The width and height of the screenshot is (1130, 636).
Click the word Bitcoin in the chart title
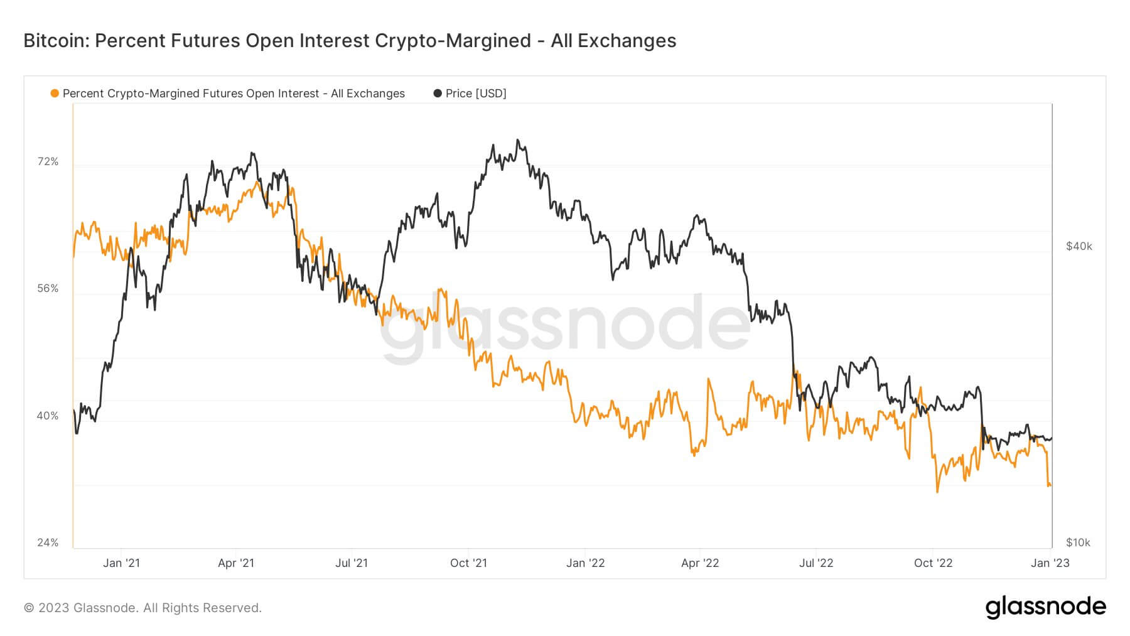56,41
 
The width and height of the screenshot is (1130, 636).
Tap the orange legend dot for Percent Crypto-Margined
55,94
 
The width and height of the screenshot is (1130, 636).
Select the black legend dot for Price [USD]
438,94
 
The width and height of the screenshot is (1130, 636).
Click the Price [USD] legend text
476,94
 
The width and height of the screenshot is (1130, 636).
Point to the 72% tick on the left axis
48,162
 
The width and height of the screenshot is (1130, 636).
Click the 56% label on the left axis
48,289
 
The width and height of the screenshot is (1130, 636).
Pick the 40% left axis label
48,416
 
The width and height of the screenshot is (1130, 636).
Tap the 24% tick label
48,542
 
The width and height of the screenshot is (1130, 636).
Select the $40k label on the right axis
1079,247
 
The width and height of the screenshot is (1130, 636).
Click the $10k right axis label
1079,542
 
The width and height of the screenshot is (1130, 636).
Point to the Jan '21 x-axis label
121,563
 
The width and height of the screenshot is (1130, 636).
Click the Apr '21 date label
236,563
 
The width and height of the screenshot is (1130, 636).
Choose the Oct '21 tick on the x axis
468,563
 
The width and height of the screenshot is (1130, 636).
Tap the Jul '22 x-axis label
815,563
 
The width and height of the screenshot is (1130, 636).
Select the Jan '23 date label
1050,563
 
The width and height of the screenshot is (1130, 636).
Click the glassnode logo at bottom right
1045,607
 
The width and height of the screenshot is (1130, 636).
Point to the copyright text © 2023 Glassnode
143,608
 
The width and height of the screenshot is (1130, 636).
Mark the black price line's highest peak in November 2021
517,141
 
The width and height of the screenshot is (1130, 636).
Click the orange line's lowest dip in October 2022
937,491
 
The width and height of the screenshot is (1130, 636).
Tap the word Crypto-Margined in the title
453,41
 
